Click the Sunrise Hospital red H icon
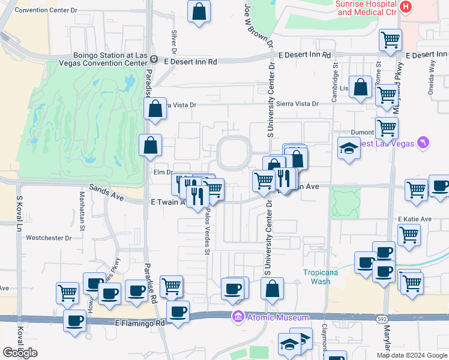click(x=406, y=7)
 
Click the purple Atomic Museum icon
click(x=238, y=317)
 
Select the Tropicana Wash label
click(x=316, y=277)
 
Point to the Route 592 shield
click(x=381, y=319)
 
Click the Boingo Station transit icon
click(x=154, y=59)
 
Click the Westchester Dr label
click(x=49, y=238)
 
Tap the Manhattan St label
click(x=82, y=205)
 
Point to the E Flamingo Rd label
click(x=139, y=323)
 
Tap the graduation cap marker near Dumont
click(x=348, y=148)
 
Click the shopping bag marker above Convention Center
click(x=198, y=11)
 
